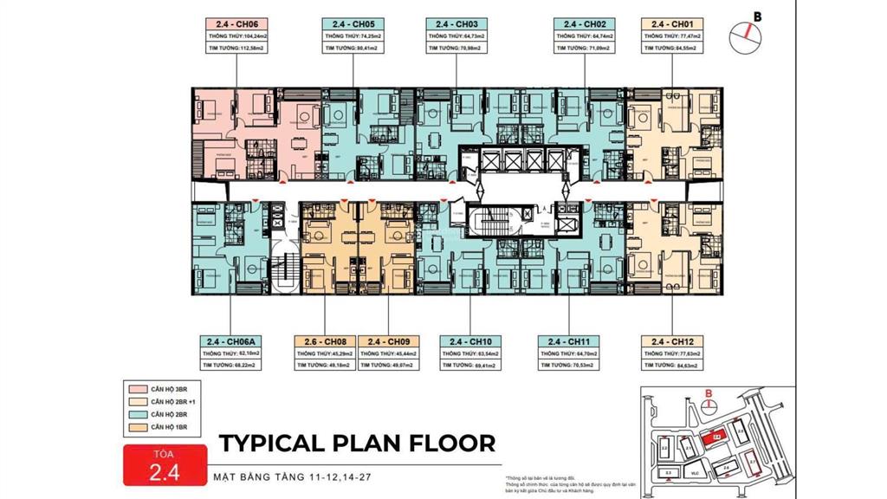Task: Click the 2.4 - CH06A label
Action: coord(230,340)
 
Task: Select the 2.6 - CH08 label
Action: coord(326,340)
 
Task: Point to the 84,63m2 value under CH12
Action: coord(686,366)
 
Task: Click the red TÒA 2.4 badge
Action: coord(164,464)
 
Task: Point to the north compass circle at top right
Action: coord(744,32)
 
